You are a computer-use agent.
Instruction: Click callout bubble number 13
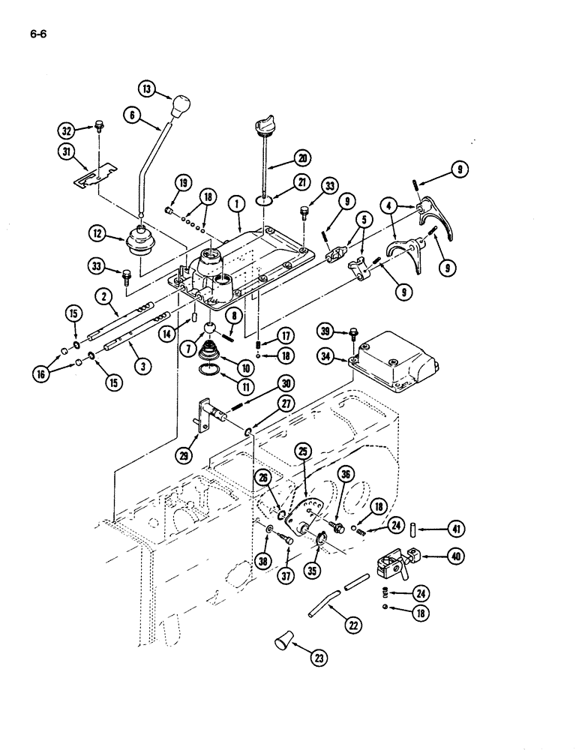146,88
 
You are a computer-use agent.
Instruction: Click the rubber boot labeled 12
140,244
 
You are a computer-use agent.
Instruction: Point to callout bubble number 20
301,157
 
